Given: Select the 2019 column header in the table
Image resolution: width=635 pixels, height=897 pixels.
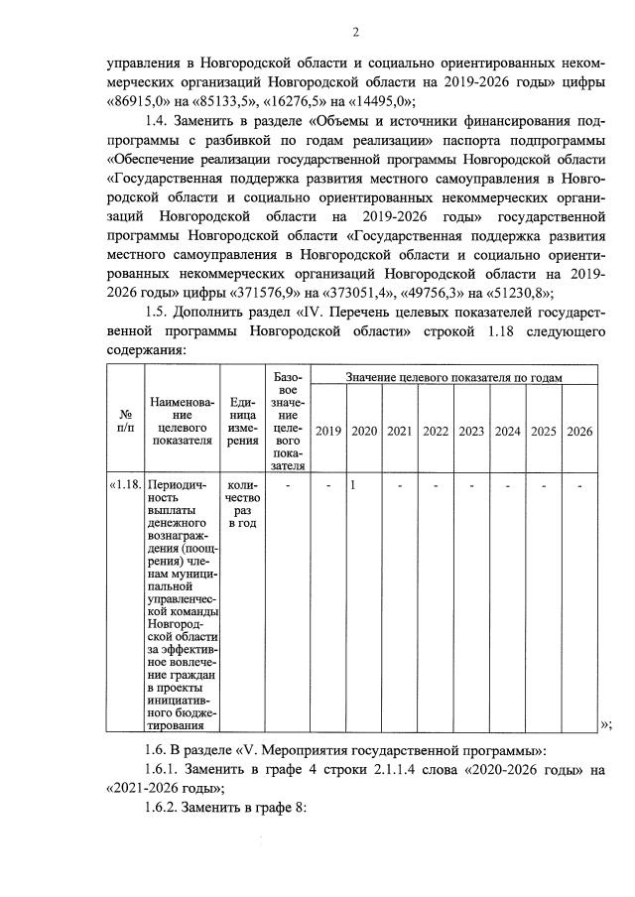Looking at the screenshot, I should pyautogui.click(x=327, y=432).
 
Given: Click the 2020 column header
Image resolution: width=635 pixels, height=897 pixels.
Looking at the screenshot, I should pyautogui.click(x=364, y=432).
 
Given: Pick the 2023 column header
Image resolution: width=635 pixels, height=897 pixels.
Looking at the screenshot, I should pyautogui.click(x=471, y=432).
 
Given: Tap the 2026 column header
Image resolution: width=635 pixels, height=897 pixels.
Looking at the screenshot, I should pyautogui.click(x=579, y=432).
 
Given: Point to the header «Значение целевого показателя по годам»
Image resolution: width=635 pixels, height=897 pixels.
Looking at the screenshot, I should pyautogui.click(x=454, y=378).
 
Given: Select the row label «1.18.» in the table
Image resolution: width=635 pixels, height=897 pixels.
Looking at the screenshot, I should pyautogui.click(x=126, y=485).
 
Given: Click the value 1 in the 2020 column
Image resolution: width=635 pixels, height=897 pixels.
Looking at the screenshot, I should pyautogui.click(x=353, y=485).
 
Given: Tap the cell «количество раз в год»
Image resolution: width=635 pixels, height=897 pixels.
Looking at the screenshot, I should pyautogui.click(x=243, y=503).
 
